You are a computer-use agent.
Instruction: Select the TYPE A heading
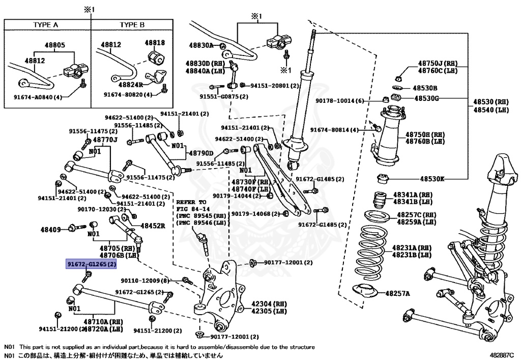coord(46,24)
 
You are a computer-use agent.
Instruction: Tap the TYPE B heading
coord(132,24)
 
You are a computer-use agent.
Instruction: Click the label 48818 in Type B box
coord(155,43)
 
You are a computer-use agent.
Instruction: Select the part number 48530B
coord(425,88)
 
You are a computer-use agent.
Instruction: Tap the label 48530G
coord(426,98)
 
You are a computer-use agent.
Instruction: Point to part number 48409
coord(51,230)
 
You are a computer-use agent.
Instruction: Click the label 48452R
coord(153,225)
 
